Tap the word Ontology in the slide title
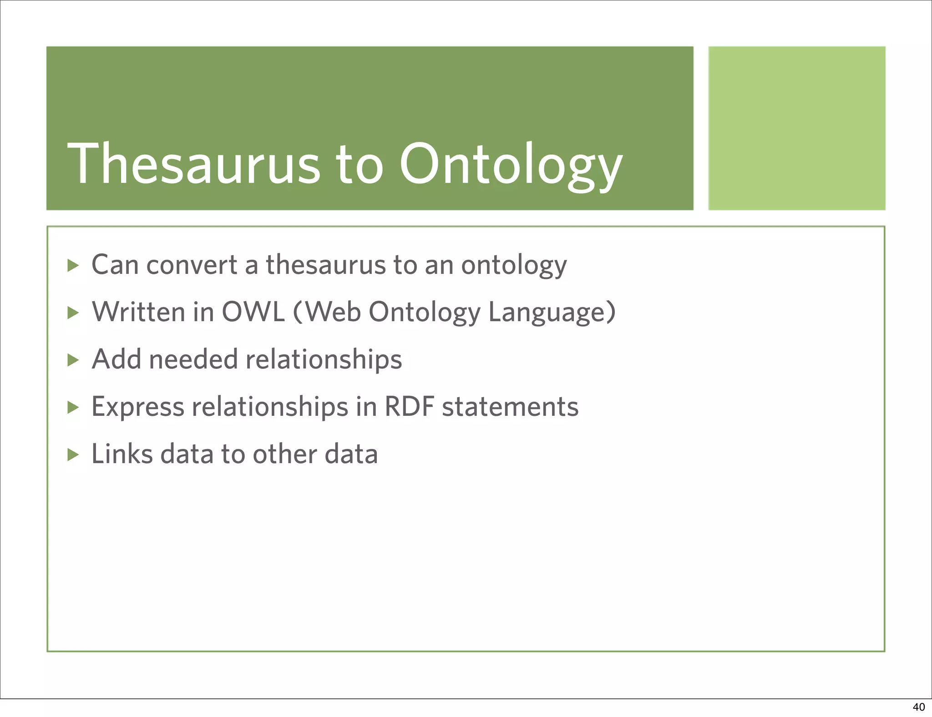511,165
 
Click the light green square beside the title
796,128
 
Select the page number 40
918,707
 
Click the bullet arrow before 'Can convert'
73,265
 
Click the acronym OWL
253,312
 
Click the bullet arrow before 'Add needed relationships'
73,360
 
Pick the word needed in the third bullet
193,359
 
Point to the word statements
510,407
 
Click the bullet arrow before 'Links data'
73,454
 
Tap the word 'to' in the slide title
359,165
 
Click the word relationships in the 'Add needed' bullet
324,359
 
